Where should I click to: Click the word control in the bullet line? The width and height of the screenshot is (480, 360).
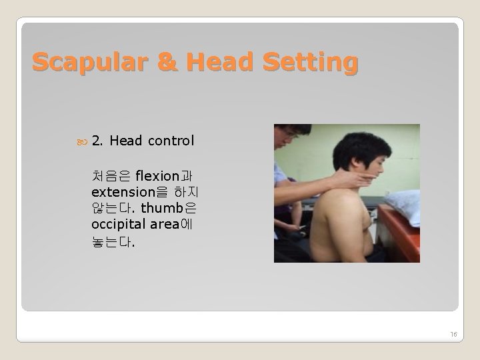(171, 141)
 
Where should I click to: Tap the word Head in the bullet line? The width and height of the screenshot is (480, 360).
(127, 141)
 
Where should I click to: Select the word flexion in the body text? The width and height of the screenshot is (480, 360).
(157, 176)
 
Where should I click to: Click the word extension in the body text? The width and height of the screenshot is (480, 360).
(125, 193)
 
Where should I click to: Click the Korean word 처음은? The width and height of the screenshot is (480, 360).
(111, 176)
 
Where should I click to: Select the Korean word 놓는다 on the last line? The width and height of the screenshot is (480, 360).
(111, 241)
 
